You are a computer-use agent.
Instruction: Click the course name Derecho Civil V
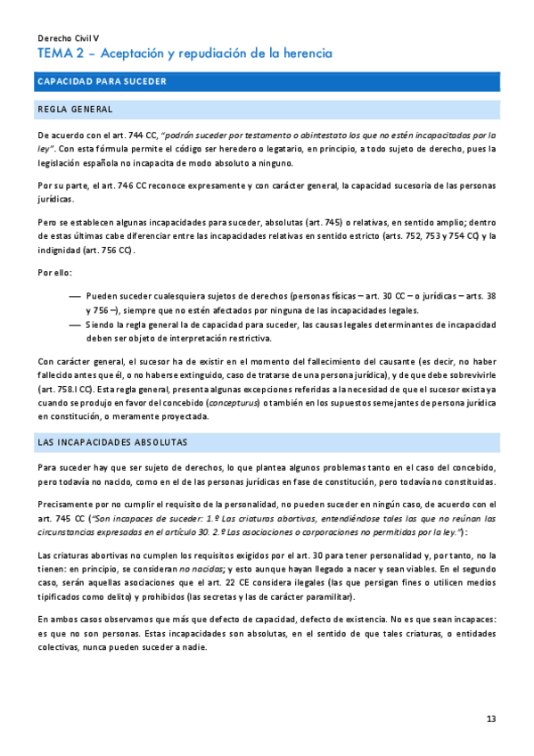click(68, 38)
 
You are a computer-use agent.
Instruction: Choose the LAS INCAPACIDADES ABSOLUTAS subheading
click(111, 442)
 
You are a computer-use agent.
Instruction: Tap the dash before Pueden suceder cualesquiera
click(75, 295)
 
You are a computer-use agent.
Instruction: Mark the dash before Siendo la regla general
click(75, 325)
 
